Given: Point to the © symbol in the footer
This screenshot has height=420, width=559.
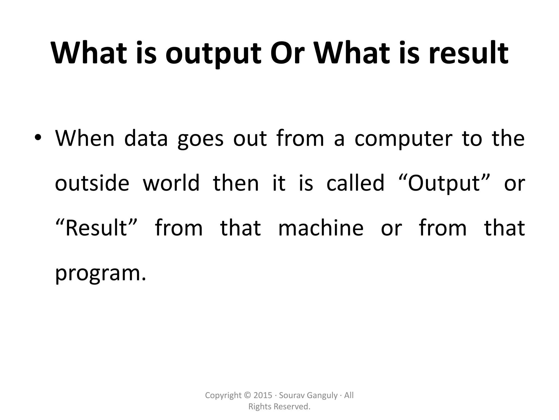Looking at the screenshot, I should click(x=248, y=395).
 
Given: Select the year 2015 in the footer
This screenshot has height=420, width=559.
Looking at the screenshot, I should click(x=263, y=395).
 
